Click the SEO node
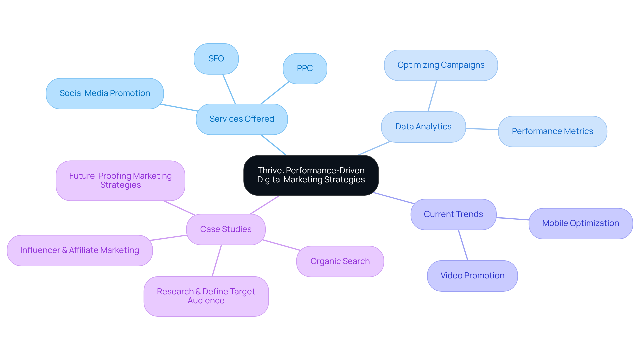tap(216, 59)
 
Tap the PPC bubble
tap(305, 68)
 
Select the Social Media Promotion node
tap(105, 93)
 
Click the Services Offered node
tap(242, 119)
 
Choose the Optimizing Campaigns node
tap(441, 65)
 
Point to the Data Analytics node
tap(423, 127)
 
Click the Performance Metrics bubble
tap(552, 131)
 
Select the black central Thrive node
tap(311, 175)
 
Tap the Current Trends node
tap(453, 214)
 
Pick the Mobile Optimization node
tap(580, 223)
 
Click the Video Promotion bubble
tap(472, 276)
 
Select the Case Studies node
tap(226, 229)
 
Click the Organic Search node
tap(340, 261)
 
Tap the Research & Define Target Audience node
tap(206, 296)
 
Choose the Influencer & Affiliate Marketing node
tap(80, 250)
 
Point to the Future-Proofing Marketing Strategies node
tap(120, 180)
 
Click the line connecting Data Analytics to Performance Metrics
tap(482, 129)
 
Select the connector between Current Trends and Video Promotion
tap(463, 245)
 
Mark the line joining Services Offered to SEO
tap(229, 89)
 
